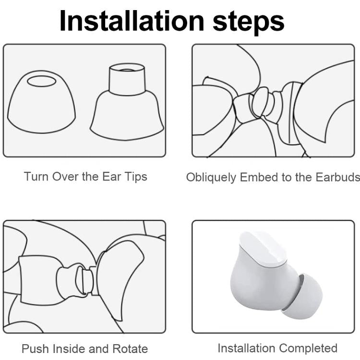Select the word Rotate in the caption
130,348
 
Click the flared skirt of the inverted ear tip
127,115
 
